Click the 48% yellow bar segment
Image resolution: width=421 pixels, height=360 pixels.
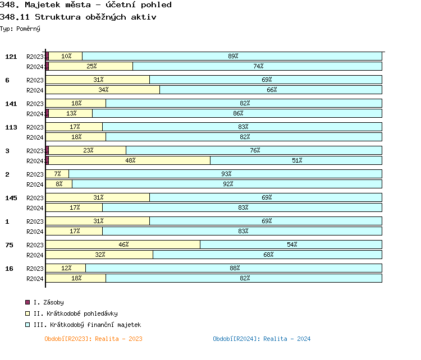tap(130, 160)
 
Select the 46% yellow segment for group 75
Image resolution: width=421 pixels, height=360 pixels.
tap(123, 244)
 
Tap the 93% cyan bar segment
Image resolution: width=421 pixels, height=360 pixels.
tap(225, 174)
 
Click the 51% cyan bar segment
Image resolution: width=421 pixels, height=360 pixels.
tap(296, 160)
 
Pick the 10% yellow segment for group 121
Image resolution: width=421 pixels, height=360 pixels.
tap(66, 56)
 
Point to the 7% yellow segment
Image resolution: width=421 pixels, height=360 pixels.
tap(57, 174)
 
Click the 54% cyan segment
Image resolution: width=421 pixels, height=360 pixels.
tap(291, 244)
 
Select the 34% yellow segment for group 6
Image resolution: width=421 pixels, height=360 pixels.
tap(103, 90)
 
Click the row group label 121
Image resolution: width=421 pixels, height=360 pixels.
tap(11, 57)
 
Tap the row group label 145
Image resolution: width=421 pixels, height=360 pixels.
tap(11, 198)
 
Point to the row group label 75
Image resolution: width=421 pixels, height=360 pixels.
tap(10, 245)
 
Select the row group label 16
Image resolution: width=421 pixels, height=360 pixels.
tap(10, 269)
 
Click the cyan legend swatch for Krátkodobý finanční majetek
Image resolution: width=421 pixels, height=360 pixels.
tap(28, 325)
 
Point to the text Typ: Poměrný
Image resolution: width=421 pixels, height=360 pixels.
tap(20, 28)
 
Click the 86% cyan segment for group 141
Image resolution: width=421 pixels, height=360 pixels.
tap(237, 113)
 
